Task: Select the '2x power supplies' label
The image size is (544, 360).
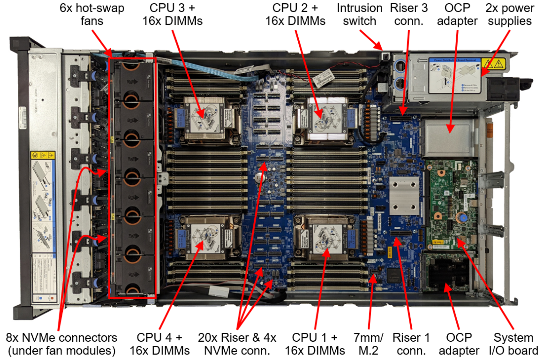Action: [x=509, y=15]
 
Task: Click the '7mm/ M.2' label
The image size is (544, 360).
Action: [x=369, y=344]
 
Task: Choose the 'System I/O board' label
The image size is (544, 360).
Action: [x=514, y=344]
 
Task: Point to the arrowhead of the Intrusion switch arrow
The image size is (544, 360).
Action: [x=382, y=48]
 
